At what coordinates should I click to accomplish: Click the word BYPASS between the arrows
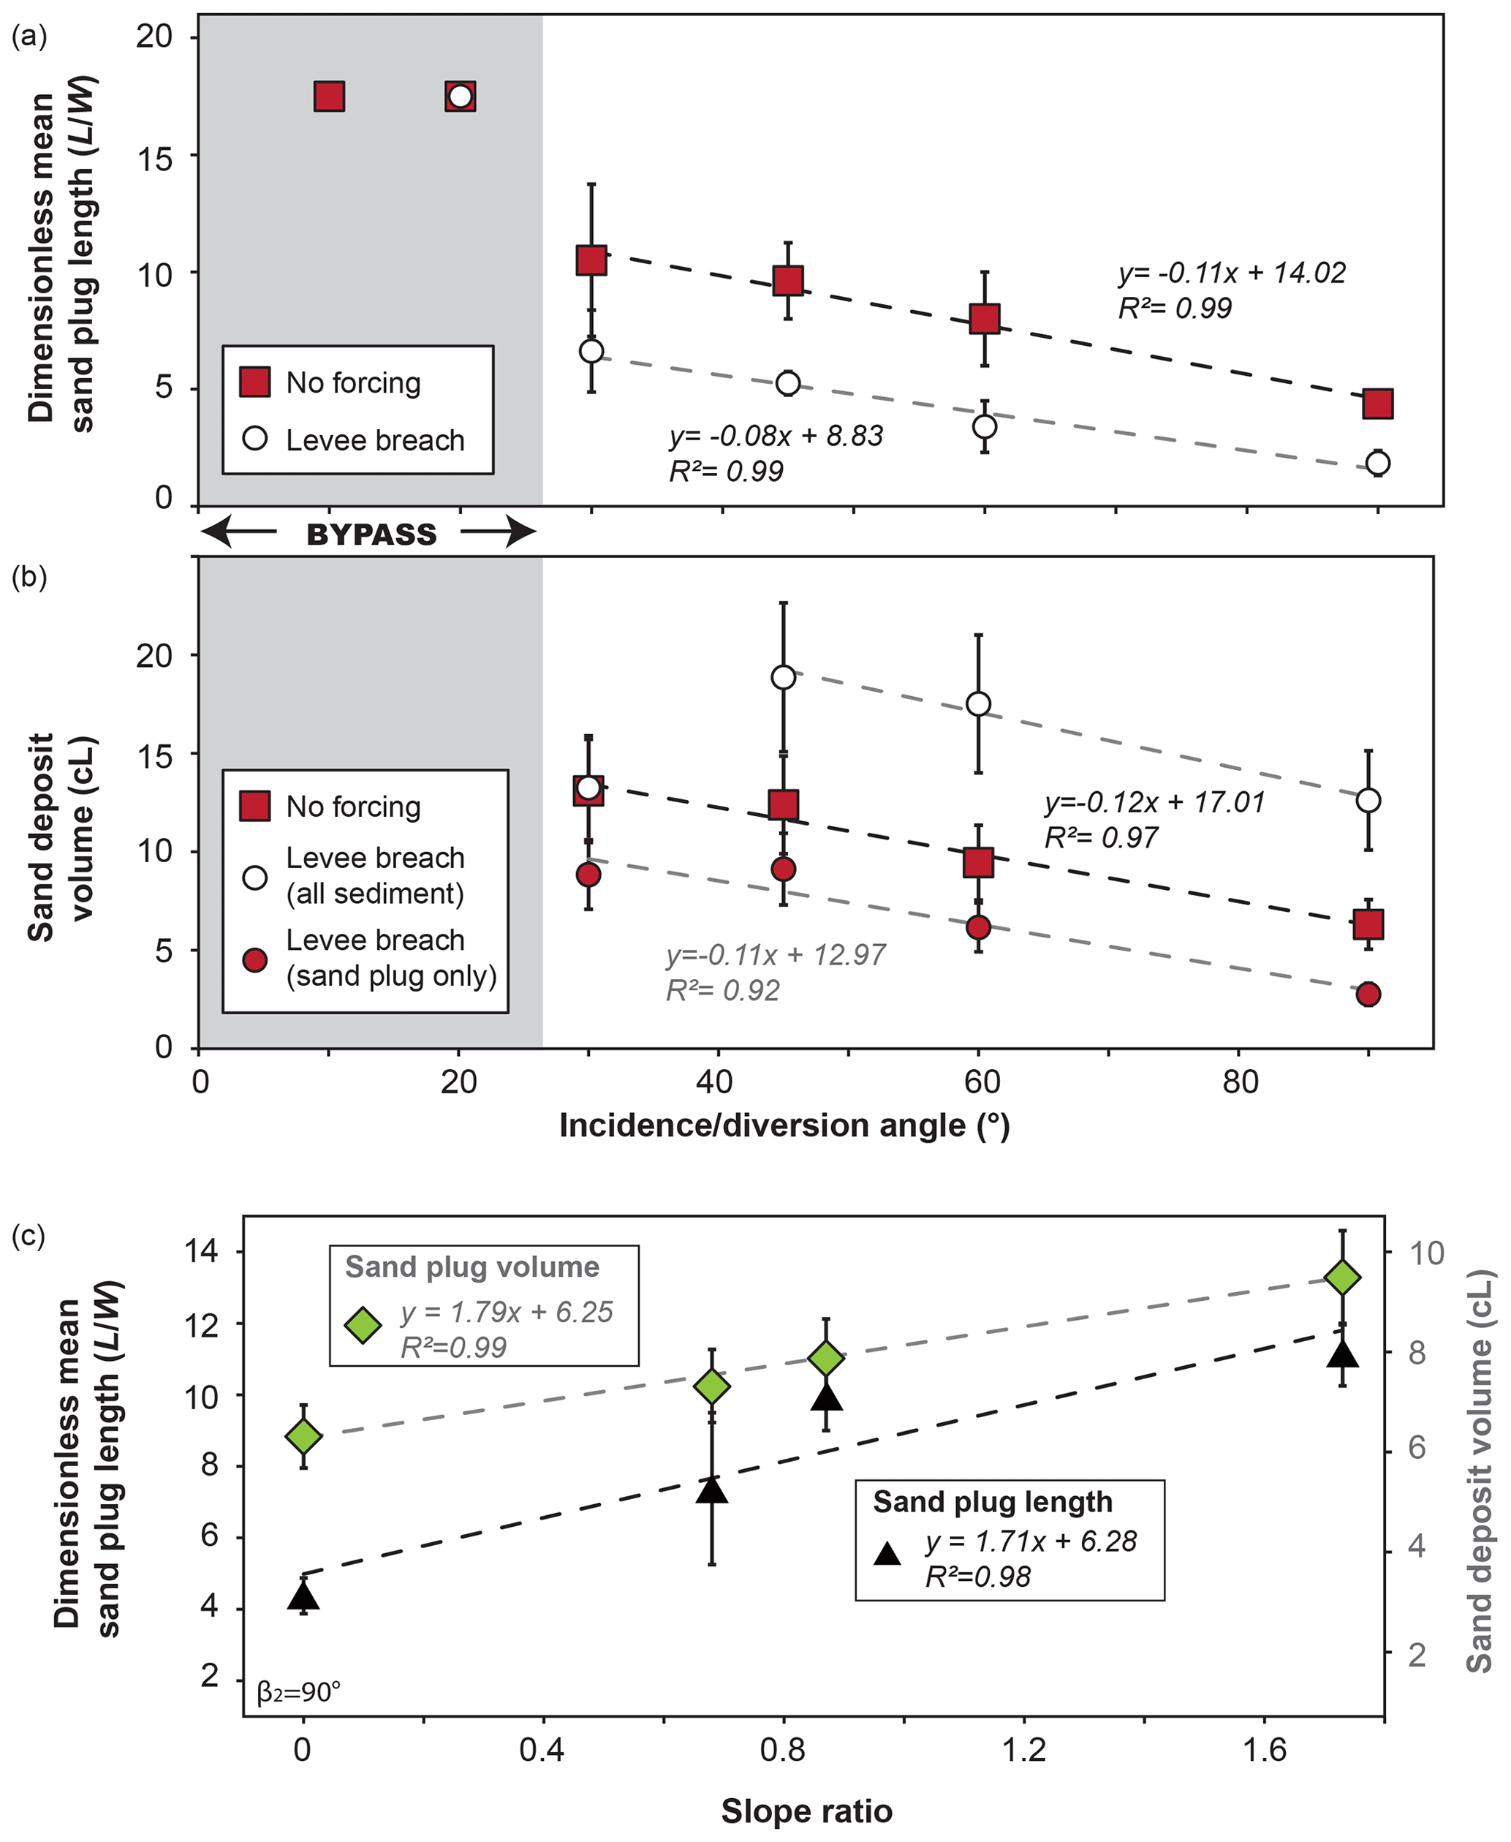click(371, 535)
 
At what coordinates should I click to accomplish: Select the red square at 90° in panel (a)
click(1378, 404)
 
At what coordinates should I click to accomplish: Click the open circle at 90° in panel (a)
click(1378, 463)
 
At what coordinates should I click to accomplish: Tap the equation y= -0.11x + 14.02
click(1232, 273)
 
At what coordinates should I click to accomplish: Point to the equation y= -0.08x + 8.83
click(776, 435)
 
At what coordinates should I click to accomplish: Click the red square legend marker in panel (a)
click(255, 382)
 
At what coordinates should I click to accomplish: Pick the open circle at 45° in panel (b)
click(784, 677)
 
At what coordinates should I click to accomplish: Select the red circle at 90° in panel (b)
click(1368, 994)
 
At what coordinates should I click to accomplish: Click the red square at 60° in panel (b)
click(978, 863)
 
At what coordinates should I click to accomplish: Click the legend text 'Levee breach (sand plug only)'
click(391, 957)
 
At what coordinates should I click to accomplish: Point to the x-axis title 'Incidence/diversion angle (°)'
click(784, 1125)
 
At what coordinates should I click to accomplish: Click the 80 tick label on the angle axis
click(1240, 1082)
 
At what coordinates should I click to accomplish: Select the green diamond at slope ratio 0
click(303, 1436)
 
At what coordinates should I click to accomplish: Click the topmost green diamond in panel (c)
click(1342, 1278)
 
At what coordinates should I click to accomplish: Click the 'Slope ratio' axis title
click(806, 1811)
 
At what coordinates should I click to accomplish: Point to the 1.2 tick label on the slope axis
click(1023, 1750)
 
